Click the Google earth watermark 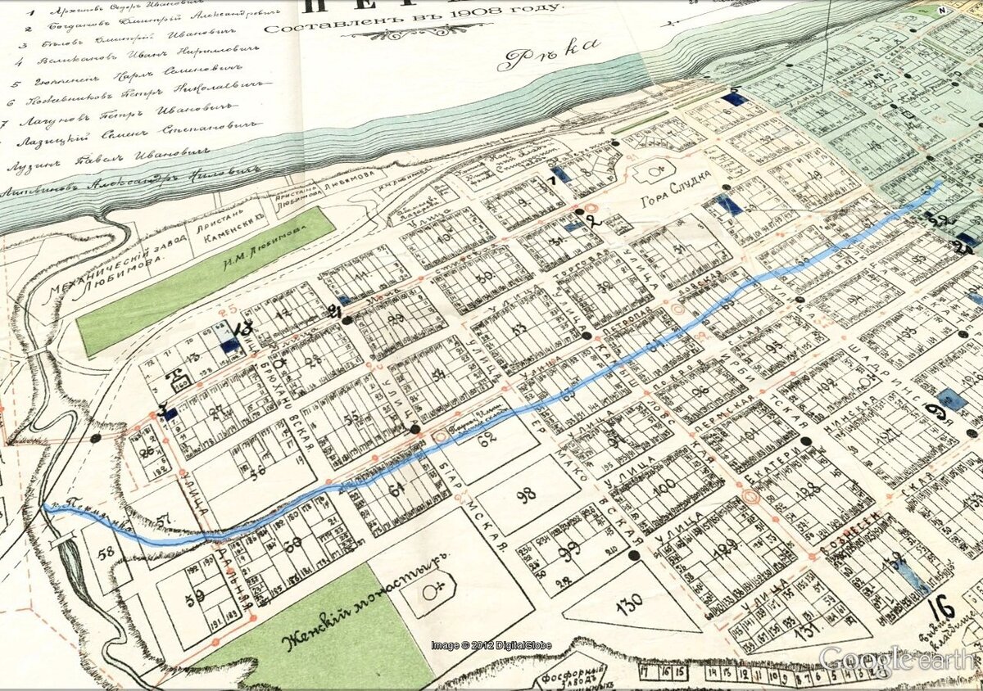[x=898, y=658]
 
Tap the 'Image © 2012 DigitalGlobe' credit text [x=491, y=645]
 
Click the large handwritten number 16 [x=944, y=608]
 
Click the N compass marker [x=941, y=11]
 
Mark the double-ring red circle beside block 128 [x=751, y=497]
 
